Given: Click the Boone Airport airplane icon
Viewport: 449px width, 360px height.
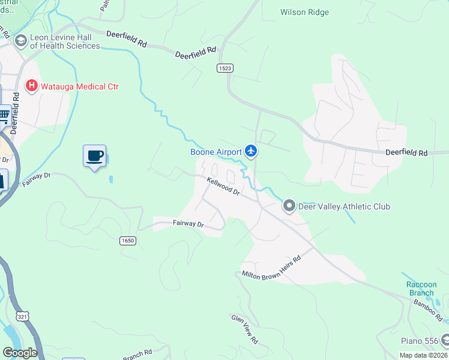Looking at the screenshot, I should point(251,152).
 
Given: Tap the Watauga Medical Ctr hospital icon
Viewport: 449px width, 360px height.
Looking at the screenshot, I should point(31,86).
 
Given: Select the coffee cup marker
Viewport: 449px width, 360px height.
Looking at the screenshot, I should point(94,156).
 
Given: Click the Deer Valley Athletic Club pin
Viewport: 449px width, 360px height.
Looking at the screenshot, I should point(289,206).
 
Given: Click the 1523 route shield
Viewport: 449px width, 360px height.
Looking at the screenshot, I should point(225,69).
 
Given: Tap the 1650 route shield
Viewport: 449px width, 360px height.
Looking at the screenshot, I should point(127,241).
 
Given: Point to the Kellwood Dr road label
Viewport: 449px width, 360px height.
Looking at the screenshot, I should point(223,186).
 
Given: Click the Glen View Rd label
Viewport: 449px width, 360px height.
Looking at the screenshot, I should point(245,329).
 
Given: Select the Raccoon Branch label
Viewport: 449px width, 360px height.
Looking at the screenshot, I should point(420,289).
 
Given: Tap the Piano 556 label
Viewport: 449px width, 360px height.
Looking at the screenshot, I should point(420,341).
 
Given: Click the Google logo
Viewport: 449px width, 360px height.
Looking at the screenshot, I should point(20,353).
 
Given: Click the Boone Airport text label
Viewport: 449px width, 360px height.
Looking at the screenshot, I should point(216,152).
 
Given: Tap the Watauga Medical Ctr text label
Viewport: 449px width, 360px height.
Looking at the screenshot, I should point(79,86).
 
